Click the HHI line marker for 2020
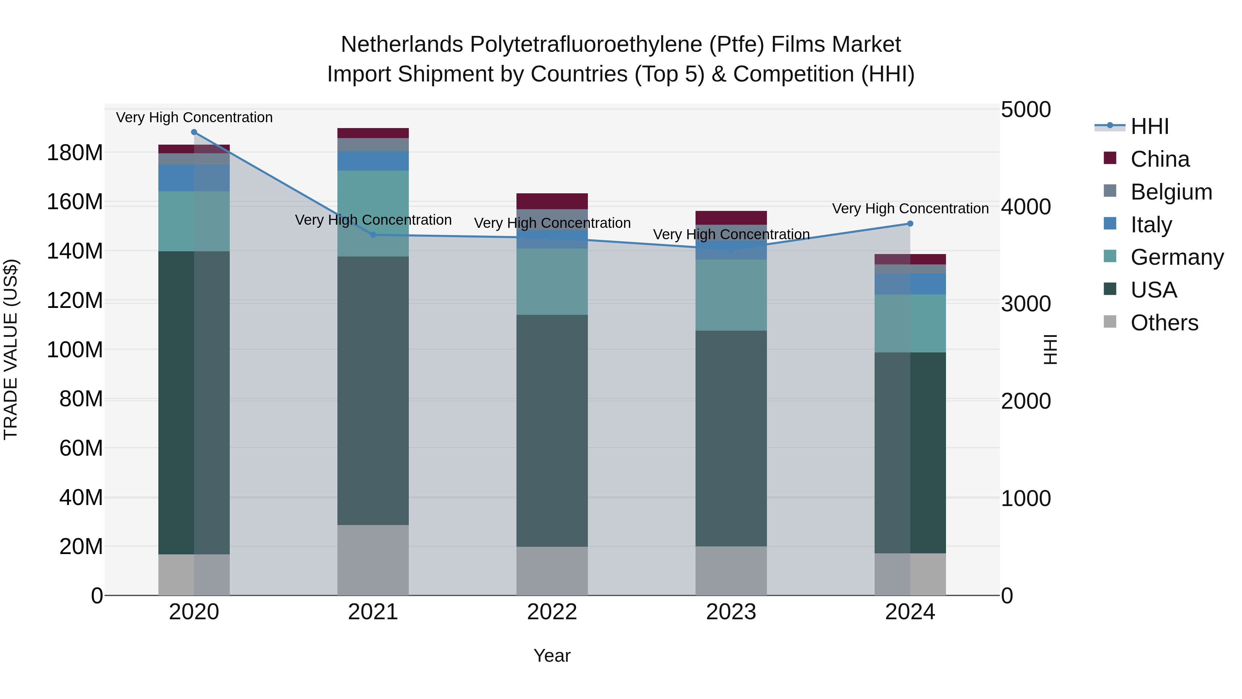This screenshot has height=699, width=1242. point(194,132)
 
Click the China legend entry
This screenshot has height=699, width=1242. point(1160,159)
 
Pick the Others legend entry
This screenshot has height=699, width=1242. point(1164,323)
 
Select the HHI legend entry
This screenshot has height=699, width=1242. point(1150,126)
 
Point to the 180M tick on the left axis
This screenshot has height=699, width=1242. point(75,153)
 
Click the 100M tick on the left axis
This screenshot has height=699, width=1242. point(75,350)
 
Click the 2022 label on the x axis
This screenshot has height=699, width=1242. point(552,612)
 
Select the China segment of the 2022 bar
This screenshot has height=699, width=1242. point(552,201)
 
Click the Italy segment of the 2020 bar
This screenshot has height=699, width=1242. point(194,177)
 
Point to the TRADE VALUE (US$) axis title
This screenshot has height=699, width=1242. point(11,349)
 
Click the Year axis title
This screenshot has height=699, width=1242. point(552,656)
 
